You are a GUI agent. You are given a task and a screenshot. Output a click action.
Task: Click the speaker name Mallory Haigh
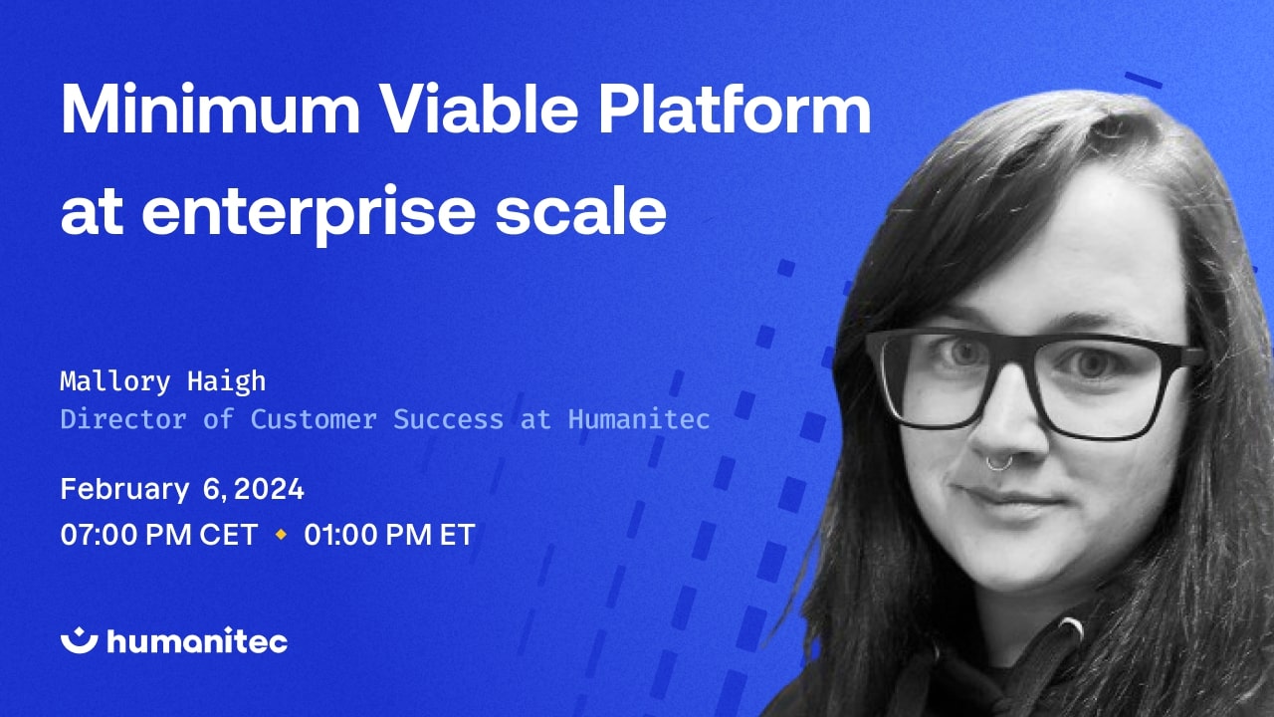[163, 380]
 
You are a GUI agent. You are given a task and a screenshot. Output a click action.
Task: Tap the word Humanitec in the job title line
[639, 419]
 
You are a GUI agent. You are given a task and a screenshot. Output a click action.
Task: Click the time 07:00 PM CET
[159, 535]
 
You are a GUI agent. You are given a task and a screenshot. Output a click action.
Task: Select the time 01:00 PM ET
[389, 535]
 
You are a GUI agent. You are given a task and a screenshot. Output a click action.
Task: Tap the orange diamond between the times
[281, 535]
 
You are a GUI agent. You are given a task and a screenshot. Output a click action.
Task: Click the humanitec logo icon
[78, 640]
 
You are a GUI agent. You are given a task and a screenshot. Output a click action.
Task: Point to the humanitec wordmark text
[196, 641]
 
